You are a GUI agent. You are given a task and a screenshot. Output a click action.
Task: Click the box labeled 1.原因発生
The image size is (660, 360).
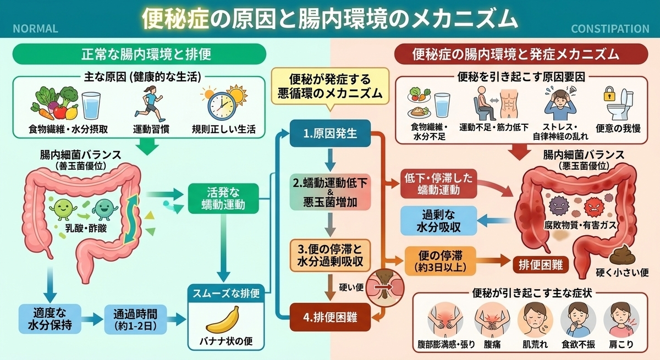click(330, 134)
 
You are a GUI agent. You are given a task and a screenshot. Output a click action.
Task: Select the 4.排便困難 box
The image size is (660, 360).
click(330, 317)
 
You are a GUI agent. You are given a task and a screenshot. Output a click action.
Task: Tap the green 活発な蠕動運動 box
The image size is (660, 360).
click(223, 198)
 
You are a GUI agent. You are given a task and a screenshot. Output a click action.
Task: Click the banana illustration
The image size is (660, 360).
click(223, 320)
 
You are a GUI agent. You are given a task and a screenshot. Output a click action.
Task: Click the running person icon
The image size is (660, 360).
click(150, 104)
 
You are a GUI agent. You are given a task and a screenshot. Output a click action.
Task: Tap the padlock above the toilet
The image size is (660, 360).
click(609, 93)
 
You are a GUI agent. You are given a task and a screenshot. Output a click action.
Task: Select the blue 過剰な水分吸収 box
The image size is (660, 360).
click(438, 221)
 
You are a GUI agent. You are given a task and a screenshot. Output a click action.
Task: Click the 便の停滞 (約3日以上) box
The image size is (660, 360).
click(440, 261)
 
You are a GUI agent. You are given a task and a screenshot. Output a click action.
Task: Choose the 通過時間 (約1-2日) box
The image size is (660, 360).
click(135, 319)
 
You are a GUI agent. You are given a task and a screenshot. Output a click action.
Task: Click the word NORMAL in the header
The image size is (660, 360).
click(35, 29)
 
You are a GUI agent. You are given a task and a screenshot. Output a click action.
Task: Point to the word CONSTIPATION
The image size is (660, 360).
click(610, 29)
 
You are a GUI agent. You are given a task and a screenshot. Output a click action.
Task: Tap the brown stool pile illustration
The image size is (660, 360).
click(622, 255)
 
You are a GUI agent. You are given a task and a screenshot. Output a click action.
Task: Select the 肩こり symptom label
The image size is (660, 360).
click(621, 344)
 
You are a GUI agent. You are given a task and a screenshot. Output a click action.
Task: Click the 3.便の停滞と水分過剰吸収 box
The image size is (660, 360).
click(330, 255)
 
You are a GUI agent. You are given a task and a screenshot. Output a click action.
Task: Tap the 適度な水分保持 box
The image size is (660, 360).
click(50, 319)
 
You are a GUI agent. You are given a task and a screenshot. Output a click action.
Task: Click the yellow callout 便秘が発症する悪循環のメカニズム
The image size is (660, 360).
click(330, 86)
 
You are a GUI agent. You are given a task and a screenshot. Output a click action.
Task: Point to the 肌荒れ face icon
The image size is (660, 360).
click(535, 320)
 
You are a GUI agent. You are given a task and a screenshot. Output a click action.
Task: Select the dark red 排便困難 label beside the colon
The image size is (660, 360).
click(541, 265)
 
